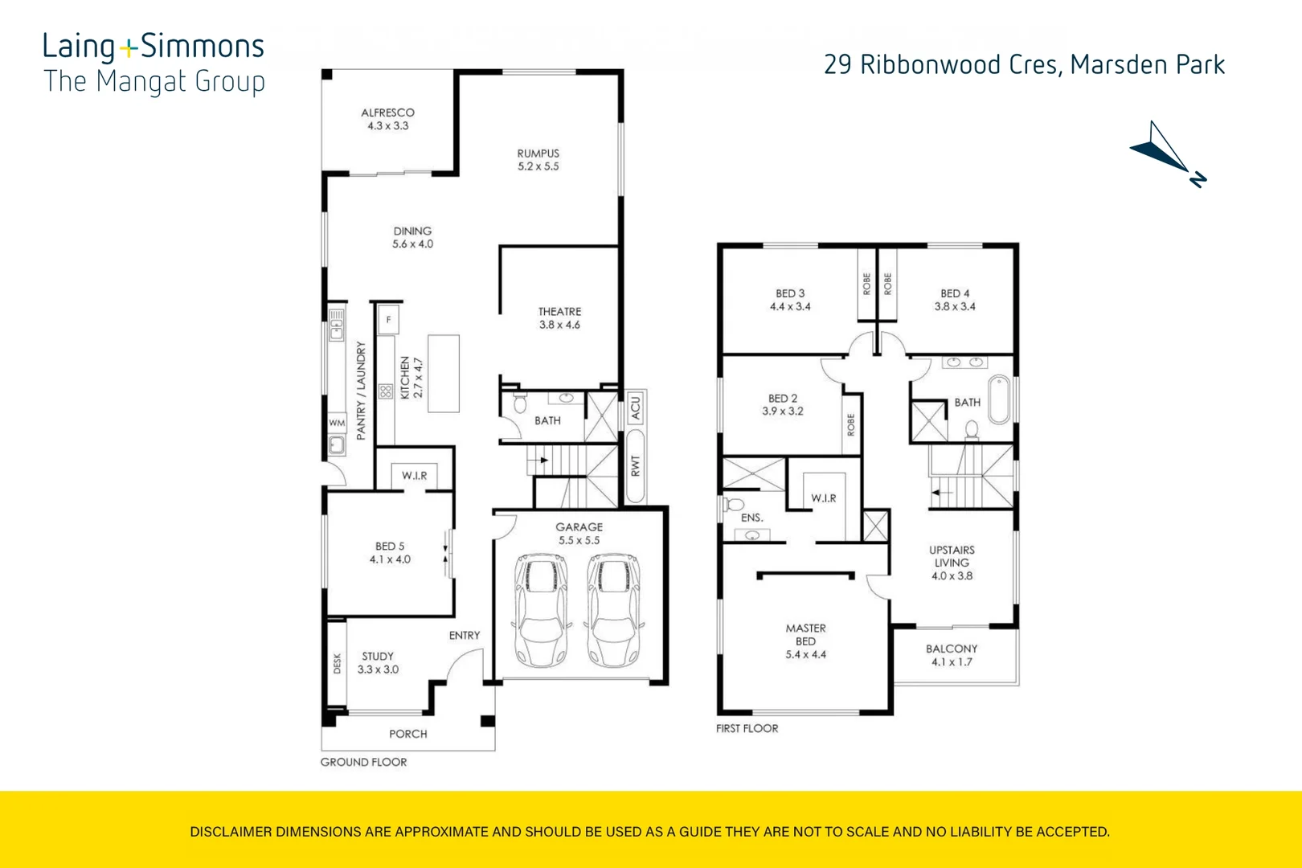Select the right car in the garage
[614, 610]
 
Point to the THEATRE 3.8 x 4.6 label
[559, 318]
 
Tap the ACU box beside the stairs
[635, 407]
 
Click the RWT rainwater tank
[635, 467]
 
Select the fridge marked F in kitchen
[389, 320]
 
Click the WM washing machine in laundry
[337, 423]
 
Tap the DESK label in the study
[337, 663]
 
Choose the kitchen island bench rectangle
[443, 374]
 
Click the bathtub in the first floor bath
[999, 399]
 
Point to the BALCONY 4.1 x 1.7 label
[952, 655]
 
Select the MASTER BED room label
[805, 641]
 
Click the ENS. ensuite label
[751, 518]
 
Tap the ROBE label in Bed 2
[851, 424]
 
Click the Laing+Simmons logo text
[153, 47]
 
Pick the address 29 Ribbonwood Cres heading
[1024, 65]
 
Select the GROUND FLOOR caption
[363, 762]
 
